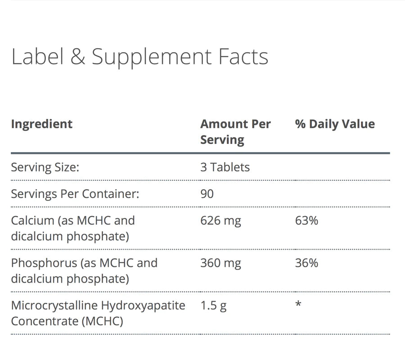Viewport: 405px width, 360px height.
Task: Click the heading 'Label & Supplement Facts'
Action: point(139,57)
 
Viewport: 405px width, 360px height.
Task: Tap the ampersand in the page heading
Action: point(77,57)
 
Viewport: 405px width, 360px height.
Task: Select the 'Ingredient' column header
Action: point(41,124)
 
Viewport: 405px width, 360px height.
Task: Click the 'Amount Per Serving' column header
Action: point(235,131)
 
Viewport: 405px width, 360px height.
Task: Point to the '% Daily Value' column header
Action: point(335,124)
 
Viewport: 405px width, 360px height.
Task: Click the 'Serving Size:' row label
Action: point(45,167)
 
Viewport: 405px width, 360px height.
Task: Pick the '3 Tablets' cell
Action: point(225,167)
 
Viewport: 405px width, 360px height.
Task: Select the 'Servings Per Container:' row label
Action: point(75,194)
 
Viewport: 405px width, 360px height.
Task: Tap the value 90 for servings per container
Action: point(207,194)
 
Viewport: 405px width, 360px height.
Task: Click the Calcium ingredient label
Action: point(72,228)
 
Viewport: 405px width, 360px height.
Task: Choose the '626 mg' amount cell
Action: point(220,220)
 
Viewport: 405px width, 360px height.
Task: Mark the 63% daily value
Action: point(306,220)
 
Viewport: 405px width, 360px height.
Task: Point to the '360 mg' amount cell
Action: point(220,263)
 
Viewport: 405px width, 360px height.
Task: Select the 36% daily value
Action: point(306,263)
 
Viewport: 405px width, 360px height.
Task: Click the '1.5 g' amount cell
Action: point(213,306)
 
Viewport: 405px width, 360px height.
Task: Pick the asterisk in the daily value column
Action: point(298,305)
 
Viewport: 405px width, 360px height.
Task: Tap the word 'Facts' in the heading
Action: point(243,57)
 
